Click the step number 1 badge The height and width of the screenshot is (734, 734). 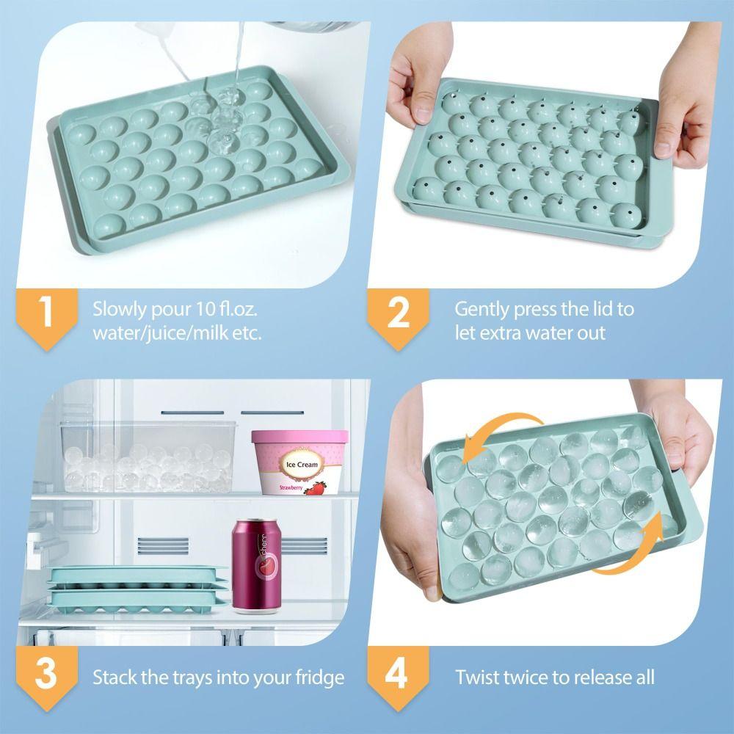(x=46, y=311)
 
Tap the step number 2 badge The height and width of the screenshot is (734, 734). (x=397, y=311)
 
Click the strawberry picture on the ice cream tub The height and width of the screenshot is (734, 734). (x=316, y=488)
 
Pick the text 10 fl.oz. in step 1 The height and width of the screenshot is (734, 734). (x=222, y=308)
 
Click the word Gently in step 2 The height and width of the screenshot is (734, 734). (x=482, y=308)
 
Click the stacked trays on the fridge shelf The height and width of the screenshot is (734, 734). (x=137, y=586)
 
